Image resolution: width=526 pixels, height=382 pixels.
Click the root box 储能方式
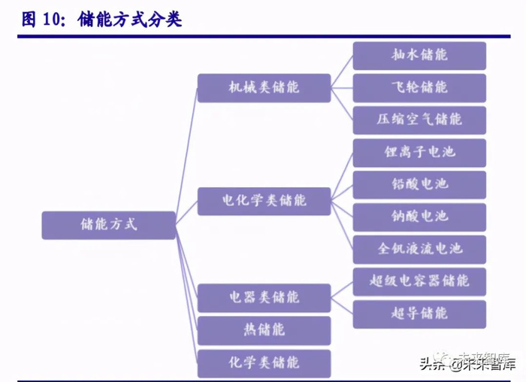click(109, 226)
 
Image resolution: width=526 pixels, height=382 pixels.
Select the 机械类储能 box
click(264, 88)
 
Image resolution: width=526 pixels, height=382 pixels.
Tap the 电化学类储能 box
click(264, 201)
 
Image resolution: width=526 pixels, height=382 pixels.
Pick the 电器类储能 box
click(264, 298)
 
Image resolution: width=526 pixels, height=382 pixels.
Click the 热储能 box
click(264, 330)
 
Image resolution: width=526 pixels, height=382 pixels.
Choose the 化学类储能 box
click(264, 363)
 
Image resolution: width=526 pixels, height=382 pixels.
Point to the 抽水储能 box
click(419, 56)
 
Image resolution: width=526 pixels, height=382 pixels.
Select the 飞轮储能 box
click(419, 88)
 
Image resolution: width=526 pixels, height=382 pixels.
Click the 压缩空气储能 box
click(419, 120)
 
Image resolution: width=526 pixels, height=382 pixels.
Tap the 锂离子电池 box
click(419, 153)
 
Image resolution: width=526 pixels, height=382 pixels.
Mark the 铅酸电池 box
click(419, 185)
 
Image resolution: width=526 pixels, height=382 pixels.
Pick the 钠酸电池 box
click(419, 217)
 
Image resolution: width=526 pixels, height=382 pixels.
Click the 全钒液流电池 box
click(419, 250)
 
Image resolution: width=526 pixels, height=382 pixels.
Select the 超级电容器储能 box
click(419, 282)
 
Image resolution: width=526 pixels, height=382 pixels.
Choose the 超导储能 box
click(419, 314)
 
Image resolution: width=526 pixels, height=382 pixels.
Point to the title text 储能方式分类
click(129, 19)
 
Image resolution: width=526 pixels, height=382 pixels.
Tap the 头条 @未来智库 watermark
click(467, 362)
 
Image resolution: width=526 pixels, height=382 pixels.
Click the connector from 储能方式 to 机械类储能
click(186, 156)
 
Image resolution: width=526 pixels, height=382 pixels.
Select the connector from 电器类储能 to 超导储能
click(342, 306)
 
